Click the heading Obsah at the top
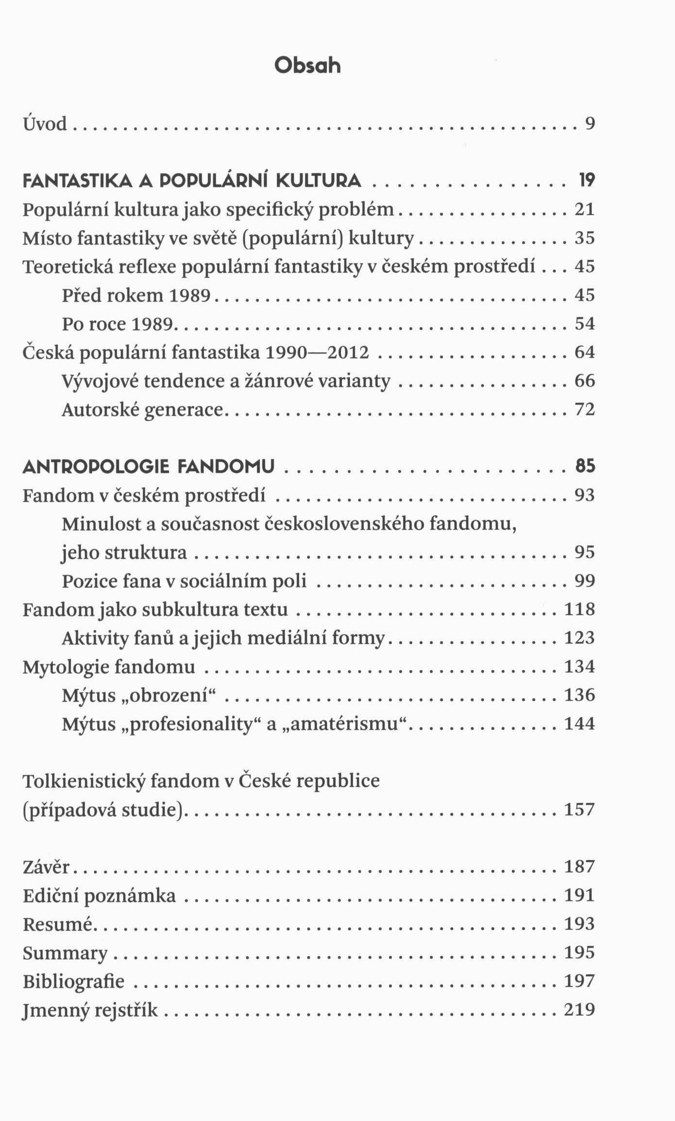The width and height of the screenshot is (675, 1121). [307, 66]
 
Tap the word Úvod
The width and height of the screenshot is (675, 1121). [45, 124]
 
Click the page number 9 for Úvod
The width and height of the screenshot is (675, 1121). [590, 124]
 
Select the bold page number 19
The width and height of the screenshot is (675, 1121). [587, 181]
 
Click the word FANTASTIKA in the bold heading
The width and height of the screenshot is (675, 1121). [78, 181]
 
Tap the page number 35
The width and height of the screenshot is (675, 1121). [585, 238]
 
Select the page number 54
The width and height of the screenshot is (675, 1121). [585, 324]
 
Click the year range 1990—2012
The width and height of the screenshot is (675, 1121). [317, 352]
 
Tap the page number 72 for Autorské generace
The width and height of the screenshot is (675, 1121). [585, 410]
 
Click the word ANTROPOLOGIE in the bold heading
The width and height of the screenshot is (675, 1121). [96, 467]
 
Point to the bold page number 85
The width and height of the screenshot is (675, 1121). [585, 467]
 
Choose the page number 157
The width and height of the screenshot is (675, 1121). [579, 810]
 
